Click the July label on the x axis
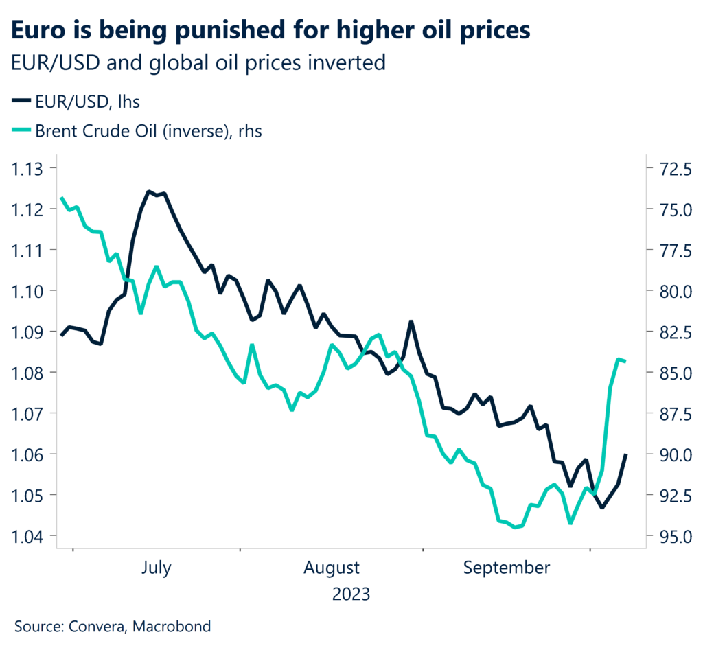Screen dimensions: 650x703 (156, 568)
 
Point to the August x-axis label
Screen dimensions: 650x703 (332, 568)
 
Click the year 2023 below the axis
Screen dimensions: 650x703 (351, 594)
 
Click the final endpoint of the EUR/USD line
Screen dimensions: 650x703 (625, 454)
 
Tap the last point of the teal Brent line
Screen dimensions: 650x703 (625, 361)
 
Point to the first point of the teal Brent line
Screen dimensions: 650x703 (62, 198)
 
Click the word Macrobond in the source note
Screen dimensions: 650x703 (172, 627)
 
